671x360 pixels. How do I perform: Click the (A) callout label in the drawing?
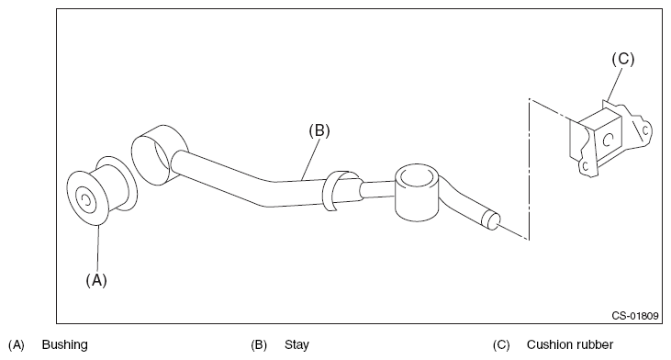96,280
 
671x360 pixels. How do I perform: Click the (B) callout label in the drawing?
319,130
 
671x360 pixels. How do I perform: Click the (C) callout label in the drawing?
623,59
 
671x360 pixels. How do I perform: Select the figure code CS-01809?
635,316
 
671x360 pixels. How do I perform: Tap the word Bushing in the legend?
64,344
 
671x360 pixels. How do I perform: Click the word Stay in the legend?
296,344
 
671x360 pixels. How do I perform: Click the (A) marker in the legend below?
17,344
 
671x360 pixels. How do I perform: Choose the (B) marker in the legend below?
259,344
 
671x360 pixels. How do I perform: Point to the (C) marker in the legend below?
501,344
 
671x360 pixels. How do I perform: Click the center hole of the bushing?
84,200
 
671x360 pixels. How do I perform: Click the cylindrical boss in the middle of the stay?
417,192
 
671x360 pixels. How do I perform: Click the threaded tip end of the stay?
490,219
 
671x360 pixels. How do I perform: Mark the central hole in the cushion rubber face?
608,140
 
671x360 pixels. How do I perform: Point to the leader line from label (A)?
98,248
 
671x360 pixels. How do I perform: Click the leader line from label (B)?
310,159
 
